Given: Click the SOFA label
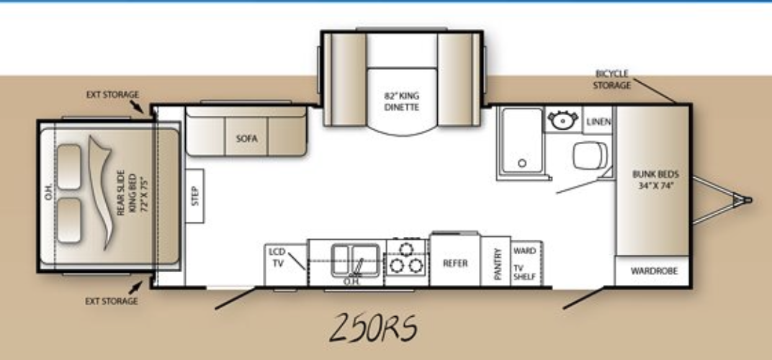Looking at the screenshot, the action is tap(247, 138).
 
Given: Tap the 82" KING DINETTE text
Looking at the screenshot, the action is tap(402, 101).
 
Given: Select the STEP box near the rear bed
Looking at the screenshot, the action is tap(194, 196).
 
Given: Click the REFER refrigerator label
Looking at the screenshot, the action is tap(455, 263).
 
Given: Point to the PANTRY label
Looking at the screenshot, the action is tap(498, 264).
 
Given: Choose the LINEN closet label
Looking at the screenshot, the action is tap(598, 122).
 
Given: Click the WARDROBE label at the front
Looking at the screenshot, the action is tap(654, 271).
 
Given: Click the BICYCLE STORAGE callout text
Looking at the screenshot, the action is tap(612, 79).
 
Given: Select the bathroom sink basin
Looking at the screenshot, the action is tap(562, 120).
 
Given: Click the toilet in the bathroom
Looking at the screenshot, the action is tap(590, 155).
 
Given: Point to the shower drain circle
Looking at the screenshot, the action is tap(522, 163).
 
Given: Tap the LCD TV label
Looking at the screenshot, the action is tap(277, 257).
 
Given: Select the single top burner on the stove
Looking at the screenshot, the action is tap(406, 249).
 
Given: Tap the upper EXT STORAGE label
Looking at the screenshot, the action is tap(112, 94).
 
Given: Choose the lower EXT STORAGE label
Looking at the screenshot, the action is tap(112, 302).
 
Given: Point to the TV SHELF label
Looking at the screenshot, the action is tap(524, 272).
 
